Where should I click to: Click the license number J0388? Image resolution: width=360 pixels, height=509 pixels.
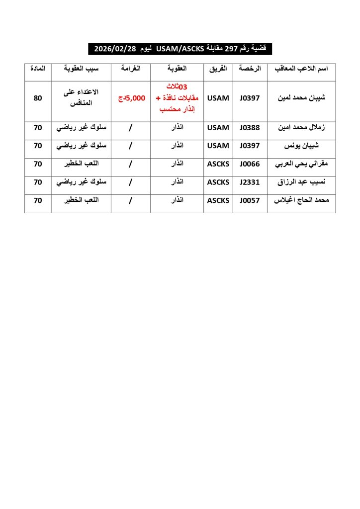point(250,128)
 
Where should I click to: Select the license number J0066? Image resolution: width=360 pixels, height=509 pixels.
point(250,164)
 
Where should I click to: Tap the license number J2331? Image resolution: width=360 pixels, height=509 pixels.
point(250,182)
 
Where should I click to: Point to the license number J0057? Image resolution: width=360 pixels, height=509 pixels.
point(250,200)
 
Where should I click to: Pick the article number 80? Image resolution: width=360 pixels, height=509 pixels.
point(38,98)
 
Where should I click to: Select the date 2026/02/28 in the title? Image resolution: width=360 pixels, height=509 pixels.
point(115,49)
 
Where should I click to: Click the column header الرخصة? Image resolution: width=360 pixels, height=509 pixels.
point(250,70)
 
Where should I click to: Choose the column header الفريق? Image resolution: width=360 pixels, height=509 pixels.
point(218,70)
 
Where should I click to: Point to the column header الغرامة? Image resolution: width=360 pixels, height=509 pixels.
point(131,70)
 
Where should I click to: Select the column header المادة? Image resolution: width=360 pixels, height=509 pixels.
point(38,70)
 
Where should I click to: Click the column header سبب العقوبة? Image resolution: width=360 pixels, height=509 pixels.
point(81,70)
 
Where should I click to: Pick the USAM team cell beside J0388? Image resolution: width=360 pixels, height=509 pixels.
point(218,128)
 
